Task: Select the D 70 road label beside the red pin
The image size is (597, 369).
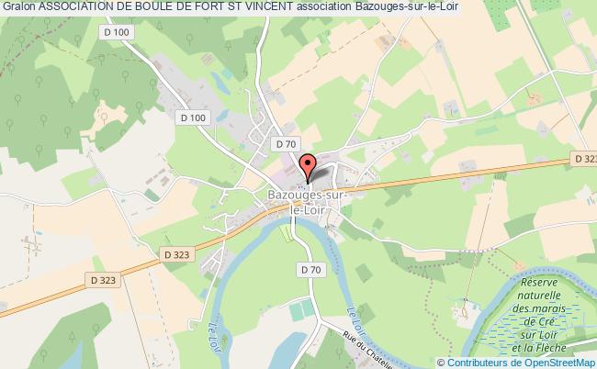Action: click(285, 144)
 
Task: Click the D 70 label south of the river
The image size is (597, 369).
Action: click(310, 269)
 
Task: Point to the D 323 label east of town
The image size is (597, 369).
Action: click(585, 159)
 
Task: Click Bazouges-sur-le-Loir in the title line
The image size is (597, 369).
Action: click(409, 7)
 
